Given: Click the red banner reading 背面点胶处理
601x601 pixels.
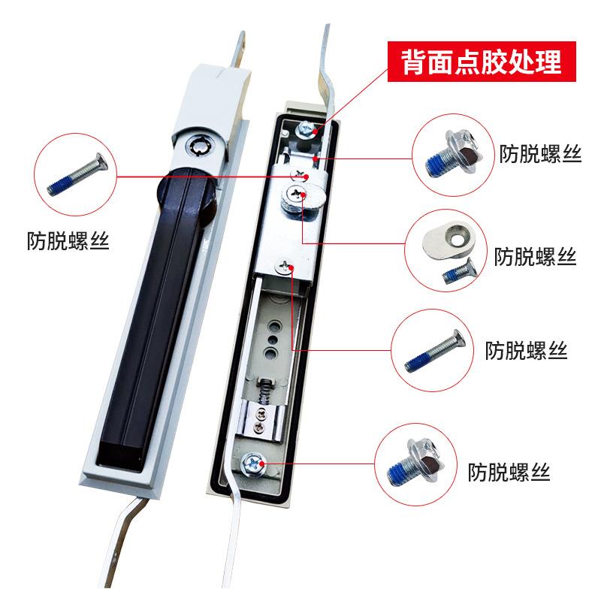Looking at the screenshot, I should (482, 62).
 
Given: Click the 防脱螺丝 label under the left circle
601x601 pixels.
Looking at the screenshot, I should (68, 242).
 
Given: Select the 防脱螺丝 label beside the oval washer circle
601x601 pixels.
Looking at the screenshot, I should (536, 257).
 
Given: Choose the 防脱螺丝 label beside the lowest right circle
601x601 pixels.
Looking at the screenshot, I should (509, 473).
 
